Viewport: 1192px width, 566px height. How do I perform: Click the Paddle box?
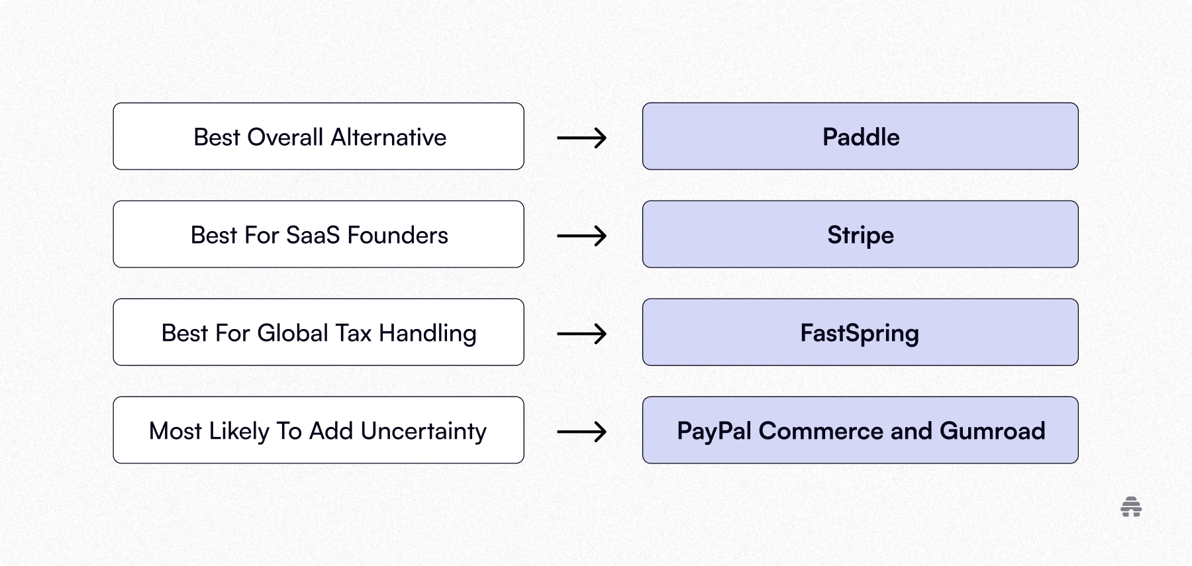pos(860,136)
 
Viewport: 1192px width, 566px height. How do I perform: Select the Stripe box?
pos(860,234)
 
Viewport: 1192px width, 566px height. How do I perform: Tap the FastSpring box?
pos(860,332)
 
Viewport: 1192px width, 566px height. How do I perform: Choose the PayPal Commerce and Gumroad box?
pos(860,430)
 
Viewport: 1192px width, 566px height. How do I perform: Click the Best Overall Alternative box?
pos(319,136)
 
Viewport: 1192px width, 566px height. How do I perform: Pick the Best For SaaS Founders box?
pos(319,234)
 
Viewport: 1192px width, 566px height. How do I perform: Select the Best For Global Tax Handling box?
pos(319,332)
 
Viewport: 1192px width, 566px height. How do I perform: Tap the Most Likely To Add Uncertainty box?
pos(319,430)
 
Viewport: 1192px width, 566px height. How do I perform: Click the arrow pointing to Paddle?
pos(581,138)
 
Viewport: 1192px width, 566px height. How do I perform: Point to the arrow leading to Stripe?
pos(581,236)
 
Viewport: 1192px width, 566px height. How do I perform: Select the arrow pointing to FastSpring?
pos(581,334)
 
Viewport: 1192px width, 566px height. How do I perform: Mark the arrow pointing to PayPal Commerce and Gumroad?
pos(581,432)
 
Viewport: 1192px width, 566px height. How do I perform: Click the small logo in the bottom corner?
pos(1131,507)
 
